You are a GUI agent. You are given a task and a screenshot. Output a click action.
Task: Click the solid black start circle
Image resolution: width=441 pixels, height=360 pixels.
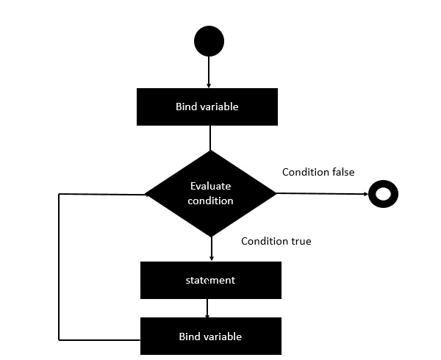[x=209, y=41]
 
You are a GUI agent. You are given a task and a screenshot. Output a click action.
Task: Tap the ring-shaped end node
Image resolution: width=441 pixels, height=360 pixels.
[x=383, y=195]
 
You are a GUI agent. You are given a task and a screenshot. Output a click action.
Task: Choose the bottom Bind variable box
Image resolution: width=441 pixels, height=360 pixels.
[x=210, y=336]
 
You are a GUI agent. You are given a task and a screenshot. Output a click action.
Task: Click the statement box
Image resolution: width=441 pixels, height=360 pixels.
[x=210, y=281]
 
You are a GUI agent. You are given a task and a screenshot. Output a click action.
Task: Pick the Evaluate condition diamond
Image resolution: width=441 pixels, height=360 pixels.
[x=210, y=194]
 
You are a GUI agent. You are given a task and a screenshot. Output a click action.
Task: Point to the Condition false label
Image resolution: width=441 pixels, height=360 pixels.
[x=318, y=172]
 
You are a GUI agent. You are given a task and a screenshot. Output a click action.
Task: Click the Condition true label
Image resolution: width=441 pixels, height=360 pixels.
[x=276, y=241]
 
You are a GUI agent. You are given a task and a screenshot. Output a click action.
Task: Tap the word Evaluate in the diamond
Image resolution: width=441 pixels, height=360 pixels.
[x=211, y=187]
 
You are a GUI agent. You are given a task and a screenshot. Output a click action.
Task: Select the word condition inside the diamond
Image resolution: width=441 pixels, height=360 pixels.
[x=211, y=201]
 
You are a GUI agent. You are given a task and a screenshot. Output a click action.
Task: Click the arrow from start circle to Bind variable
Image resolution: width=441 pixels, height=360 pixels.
[x=209, y=73]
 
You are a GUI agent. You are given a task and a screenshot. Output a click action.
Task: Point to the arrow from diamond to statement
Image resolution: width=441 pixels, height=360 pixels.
[x=211, y=249]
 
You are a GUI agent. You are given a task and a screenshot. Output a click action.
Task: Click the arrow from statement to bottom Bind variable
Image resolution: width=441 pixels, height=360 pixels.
[x=207, y=308]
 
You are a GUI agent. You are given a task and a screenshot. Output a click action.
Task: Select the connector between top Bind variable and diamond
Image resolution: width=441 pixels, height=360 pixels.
[x=210, y=137]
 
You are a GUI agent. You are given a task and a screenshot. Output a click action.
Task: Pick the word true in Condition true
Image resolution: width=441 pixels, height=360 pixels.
[x=299, y=241]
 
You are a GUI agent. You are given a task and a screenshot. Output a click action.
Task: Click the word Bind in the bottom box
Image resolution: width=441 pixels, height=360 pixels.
[x=189, y=336]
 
